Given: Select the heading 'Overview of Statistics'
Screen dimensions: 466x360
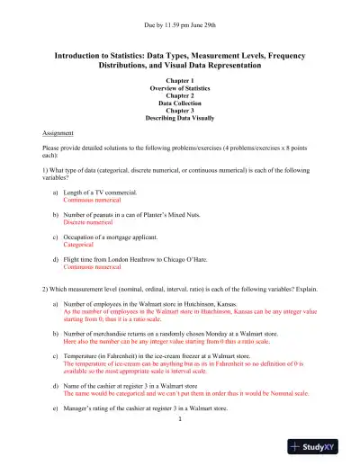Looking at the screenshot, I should (180, 91).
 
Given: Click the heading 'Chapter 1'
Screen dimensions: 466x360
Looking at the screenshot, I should (180, 84).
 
